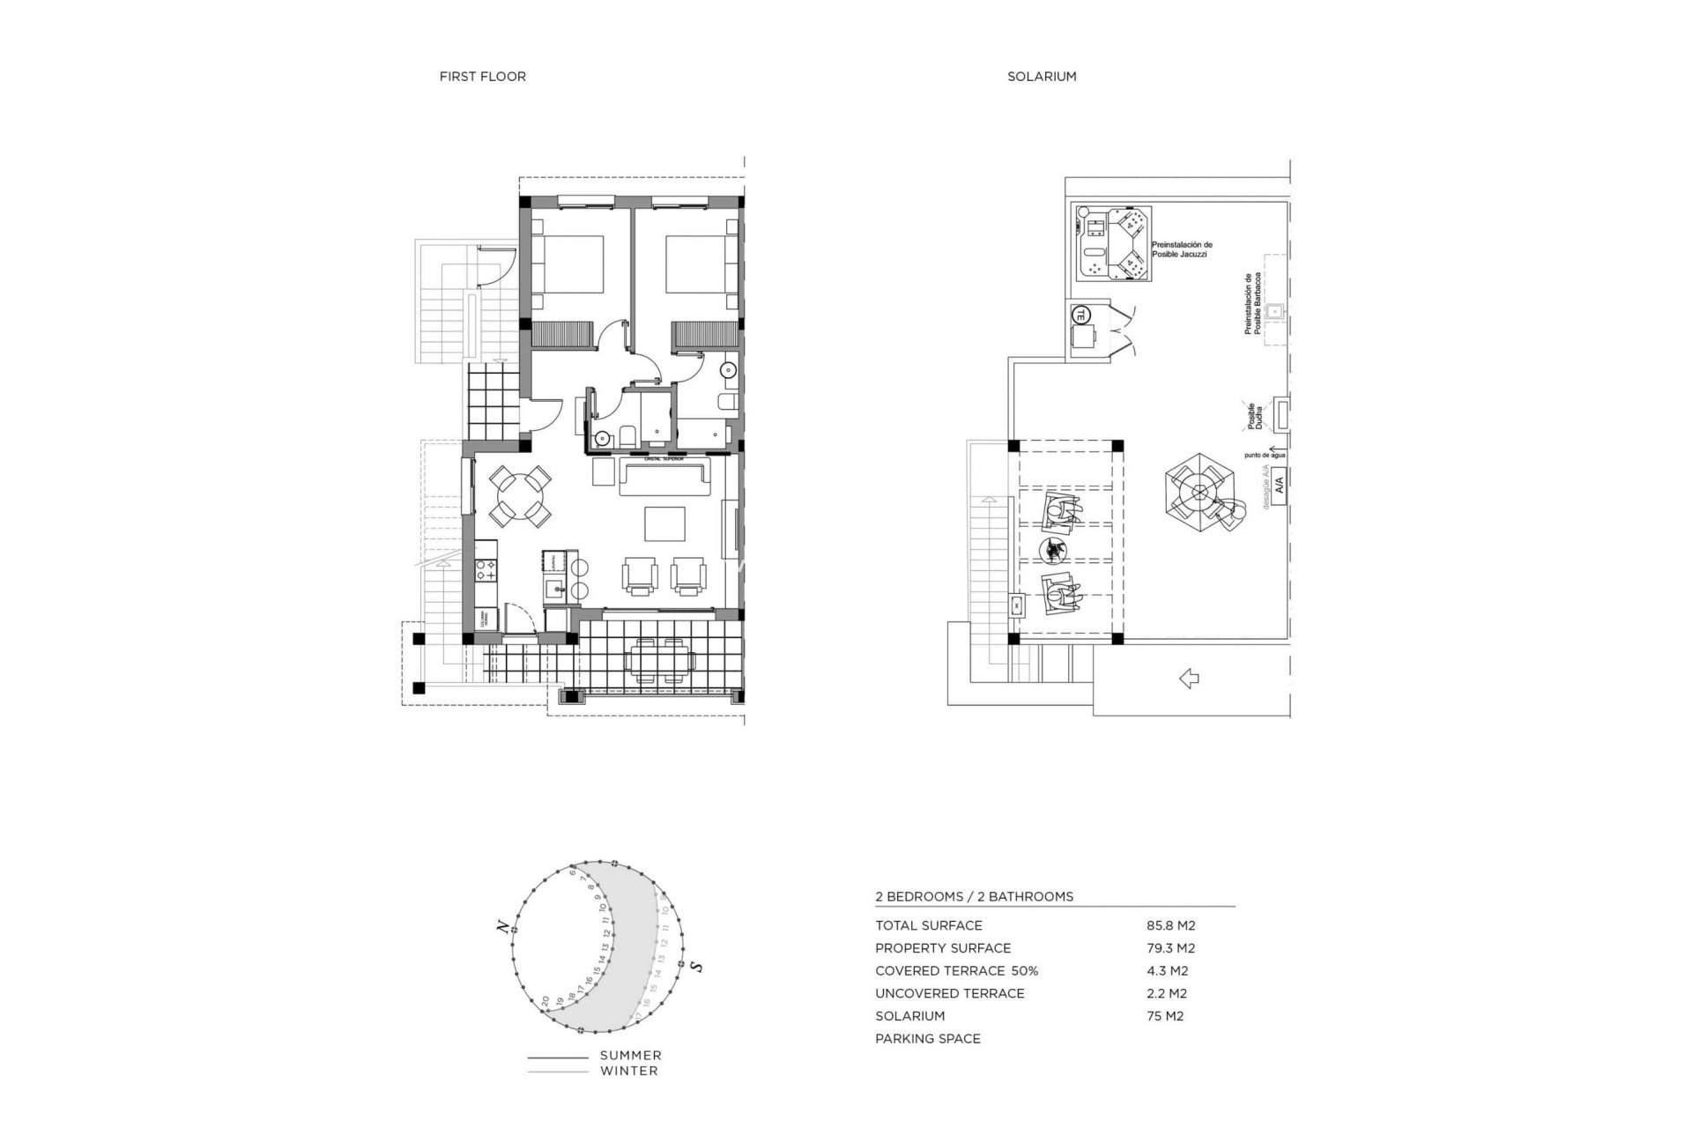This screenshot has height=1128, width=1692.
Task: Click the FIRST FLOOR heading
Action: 482,77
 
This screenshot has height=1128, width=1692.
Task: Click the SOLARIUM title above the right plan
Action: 1042,77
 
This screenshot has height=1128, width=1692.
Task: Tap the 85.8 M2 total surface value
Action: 1170,925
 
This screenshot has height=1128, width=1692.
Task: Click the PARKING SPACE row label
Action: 927,1039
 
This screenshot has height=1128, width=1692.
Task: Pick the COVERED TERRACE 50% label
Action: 956,971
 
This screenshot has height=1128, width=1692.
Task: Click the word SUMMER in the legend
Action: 630,1056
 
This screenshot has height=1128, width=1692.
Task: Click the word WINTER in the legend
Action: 628,1072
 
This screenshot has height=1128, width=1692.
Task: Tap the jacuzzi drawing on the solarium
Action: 1114,244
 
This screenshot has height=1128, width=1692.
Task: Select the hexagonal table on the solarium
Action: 1198,490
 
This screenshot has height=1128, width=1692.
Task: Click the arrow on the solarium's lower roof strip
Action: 1189,679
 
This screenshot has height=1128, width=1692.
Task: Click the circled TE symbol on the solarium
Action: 1080,314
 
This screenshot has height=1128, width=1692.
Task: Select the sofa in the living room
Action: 665,476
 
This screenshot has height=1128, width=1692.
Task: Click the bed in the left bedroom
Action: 571,263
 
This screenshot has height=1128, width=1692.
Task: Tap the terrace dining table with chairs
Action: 661,660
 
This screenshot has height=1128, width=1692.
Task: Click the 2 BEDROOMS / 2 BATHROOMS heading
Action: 974,896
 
